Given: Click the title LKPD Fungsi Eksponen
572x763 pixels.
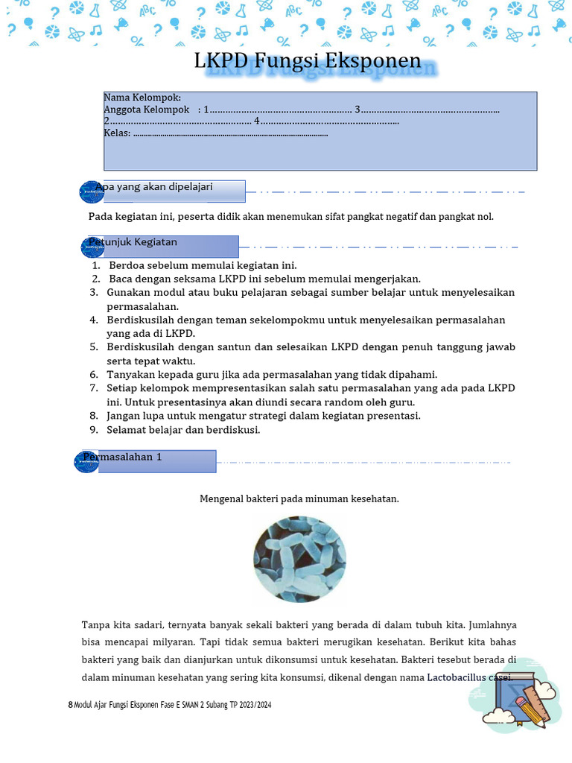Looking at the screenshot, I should click(307, 61).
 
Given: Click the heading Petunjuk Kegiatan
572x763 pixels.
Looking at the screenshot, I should click(133, 242).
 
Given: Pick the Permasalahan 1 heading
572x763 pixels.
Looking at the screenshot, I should click(123, 457).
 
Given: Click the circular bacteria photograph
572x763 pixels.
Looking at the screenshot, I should click(299, 559).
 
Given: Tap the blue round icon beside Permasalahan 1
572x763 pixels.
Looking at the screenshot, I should click(88, 462).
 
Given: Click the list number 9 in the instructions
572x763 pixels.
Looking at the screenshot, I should click(94, 430).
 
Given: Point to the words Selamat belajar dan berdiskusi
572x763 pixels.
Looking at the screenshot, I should click(183, 430).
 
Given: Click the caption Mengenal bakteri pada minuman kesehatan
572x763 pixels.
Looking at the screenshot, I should click(299, 498).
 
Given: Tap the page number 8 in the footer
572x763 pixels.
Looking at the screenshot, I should click(70, 704).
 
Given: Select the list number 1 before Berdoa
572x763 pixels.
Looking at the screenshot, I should click(96, 266).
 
